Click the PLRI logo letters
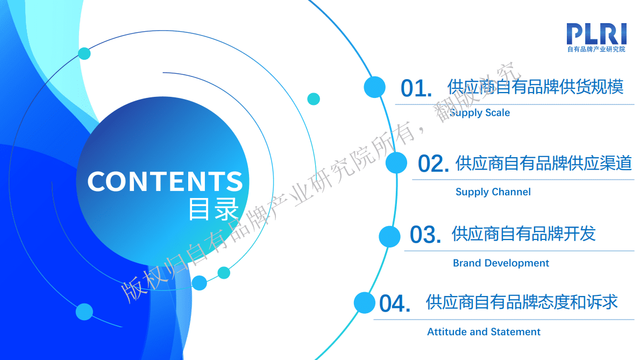596,34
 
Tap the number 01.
416,89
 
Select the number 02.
433,164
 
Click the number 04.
395,304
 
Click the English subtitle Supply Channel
493,192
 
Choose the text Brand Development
501,263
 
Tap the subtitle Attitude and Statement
483,332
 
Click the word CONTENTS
165,181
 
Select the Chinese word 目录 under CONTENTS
214,209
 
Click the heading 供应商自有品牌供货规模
535,87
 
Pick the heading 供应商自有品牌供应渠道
543,163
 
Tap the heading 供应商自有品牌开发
523,234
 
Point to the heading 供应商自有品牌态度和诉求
522,302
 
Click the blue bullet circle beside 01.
374,87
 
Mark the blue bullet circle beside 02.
396,163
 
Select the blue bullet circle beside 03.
389,236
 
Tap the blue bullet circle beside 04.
364,302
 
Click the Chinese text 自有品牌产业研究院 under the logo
596,50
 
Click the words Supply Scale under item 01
480,113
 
